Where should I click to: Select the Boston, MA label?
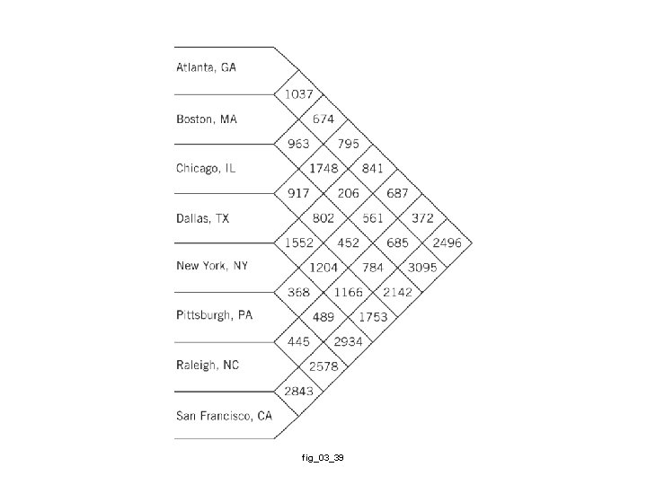pos(206,119)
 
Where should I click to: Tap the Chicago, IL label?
pos(206,168)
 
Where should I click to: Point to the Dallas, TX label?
pos(202,218)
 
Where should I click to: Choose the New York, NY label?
pos(212,267)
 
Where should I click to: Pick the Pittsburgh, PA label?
pos(214,315)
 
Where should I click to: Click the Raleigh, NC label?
pos(207,366)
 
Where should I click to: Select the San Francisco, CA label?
pos(224,415)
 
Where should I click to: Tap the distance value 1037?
pos(298,94)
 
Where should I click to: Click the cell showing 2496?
pos(447,242)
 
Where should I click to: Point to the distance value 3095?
pos(421,268)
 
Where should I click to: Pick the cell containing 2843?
pos(298,391)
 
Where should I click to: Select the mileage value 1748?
pos(323,169)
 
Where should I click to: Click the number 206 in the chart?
pos(348,193)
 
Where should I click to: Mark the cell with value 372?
pos(422,218)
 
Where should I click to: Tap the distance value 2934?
pos(348,342)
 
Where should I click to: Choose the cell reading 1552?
pos(298,242)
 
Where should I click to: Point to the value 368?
pos(298,292)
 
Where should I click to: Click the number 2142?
pos(397,292)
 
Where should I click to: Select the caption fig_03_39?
pos(323,458)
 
